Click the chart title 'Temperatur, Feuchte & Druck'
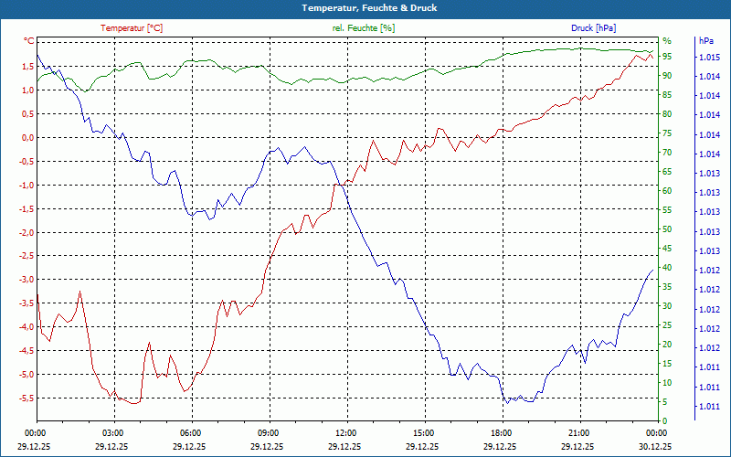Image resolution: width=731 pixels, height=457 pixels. pos(365,8)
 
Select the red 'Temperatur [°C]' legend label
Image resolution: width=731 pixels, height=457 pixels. pos(132,28)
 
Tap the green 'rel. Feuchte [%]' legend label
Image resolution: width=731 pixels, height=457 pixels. pos(364,28)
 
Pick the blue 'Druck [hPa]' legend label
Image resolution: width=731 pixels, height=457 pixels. pos(593,28)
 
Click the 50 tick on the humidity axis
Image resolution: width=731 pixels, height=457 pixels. pos(667,229)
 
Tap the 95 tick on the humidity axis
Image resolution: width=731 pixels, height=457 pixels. pos(667,57)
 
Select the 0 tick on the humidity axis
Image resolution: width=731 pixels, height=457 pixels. pos(665,421)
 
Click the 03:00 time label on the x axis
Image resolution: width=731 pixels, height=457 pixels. pos(113,432)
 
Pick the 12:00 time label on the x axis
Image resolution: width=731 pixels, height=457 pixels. pos(346,432)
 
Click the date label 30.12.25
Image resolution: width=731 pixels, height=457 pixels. pos(656,446)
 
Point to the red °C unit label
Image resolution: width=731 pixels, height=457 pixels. pos(28,41)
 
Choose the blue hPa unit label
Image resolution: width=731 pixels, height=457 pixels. pos(705,41)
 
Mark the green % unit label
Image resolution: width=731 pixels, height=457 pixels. pos(667,41)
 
